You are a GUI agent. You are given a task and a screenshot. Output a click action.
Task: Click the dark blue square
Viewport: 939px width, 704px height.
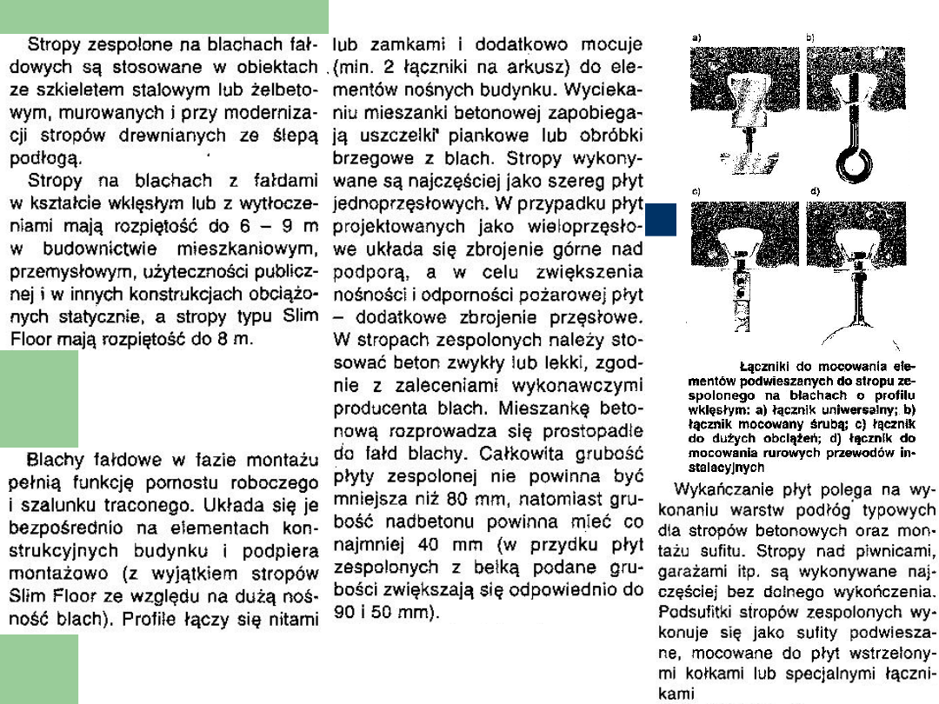click(x=661, y=219)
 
